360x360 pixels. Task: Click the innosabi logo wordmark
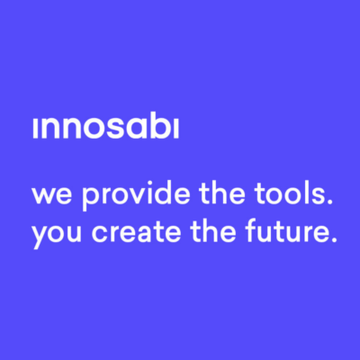pos(106,129)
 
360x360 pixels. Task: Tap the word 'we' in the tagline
pos(52,194)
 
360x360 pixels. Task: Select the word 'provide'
pos(136,194)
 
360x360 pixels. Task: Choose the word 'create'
pos(136,230)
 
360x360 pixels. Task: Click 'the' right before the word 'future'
pos(213,230)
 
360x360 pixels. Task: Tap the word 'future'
pos(283,230)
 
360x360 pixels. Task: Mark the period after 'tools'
pos(329,201)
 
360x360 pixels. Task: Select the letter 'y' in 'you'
pos(41,237)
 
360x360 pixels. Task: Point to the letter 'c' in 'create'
pos(101,233)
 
